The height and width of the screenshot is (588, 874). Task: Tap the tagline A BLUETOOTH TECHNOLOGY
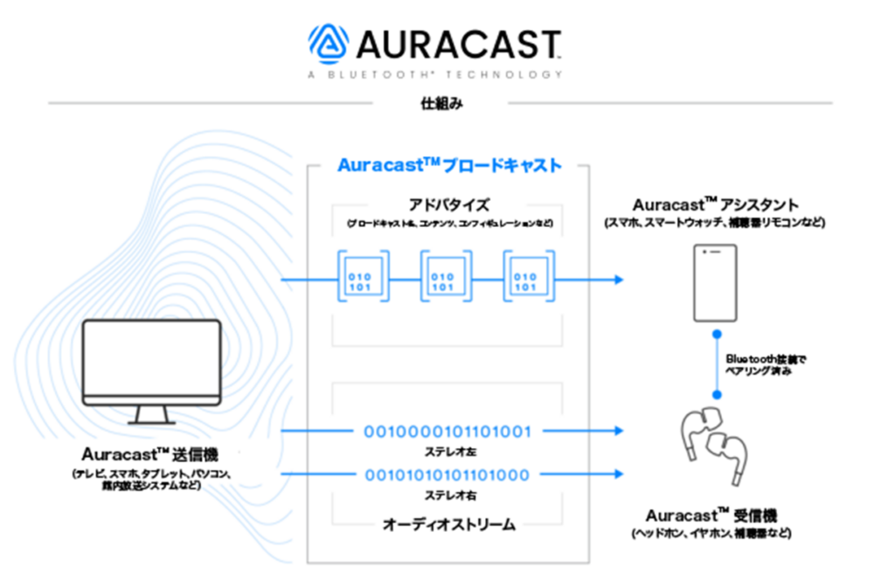pos(434,75)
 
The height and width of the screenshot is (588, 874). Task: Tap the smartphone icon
pos(714,281)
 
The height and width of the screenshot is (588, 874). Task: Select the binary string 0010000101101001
pos(447,431)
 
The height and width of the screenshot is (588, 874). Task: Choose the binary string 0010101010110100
pos(447,474)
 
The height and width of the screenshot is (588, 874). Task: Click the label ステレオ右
pos(447,495)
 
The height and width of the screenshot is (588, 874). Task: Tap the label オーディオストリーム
pos(448,524)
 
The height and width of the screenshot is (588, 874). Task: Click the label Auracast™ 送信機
pos(150,454)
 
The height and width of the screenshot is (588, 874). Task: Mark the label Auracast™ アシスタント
pos(715,205)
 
